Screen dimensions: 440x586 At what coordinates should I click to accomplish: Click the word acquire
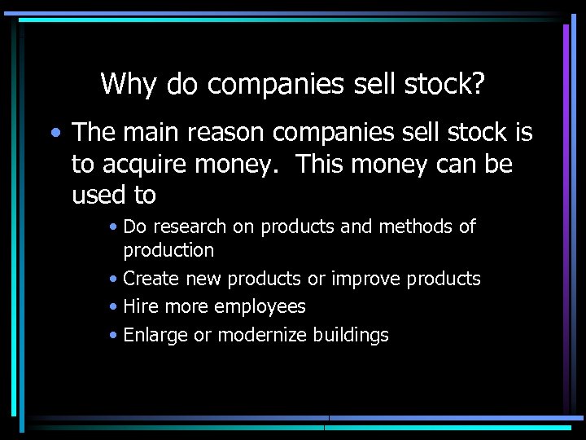(x=140, y=165)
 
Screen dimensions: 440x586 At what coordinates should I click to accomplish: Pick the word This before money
(x=321, y=164)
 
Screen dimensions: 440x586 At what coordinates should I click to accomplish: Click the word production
(x=168, y=250)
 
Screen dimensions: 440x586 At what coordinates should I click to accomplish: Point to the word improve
(x=366, y=279)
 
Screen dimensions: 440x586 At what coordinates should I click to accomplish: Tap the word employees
(x=260, y=307)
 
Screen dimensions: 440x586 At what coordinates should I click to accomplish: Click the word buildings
(x=351, y=335)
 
